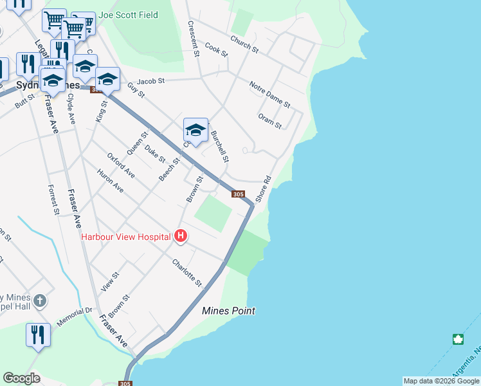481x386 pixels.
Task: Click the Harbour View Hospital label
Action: [x=125, y=236]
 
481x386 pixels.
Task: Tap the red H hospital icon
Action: [x=181, y=236]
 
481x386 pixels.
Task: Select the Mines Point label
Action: [x=228, y=311]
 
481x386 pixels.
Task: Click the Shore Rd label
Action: [x=264, y=189]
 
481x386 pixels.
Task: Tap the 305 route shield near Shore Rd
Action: [x=238, y=194]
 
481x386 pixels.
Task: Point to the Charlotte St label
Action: [x=187, y=272]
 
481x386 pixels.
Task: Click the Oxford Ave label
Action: [x=121, y=165]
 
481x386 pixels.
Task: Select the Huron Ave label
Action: [x=110, y=181]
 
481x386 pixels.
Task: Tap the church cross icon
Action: [x=40, y=300]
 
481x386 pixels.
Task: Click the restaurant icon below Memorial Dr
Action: [x=38, y=335]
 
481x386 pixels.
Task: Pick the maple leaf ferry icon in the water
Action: [x=458, y=339]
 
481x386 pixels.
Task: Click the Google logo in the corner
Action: [x=21, y=378]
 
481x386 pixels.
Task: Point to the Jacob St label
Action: [x=151, y=82]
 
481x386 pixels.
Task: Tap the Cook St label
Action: [x=217, y=50]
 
